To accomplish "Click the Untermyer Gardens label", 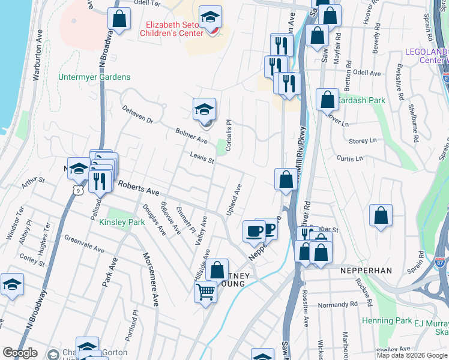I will (x=94, y=77).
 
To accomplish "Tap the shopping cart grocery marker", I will (x=205, y=292).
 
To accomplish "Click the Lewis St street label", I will (x=202, y=158).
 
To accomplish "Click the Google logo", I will (x=20, y=353).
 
